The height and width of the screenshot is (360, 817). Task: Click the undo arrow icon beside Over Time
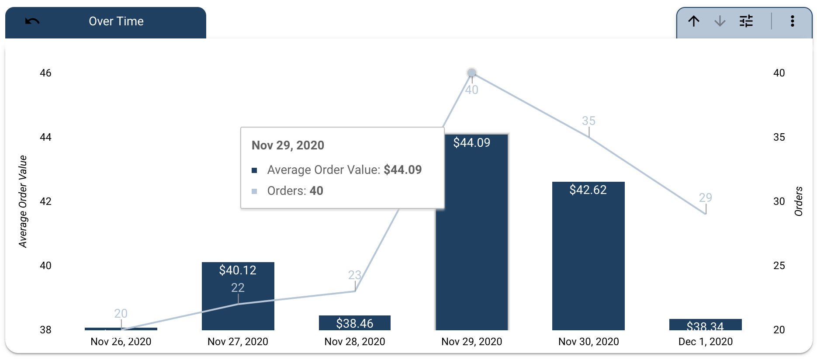tap(32, 21)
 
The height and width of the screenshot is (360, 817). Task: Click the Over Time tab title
tap(116, 21)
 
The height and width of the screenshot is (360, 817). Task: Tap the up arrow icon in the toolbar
tap(694, 21)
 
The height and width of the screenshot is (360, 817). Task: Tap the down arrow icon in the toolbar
tap(720, 21)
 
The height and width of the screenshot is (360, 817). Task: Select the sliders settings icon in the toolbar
tap(746, 21)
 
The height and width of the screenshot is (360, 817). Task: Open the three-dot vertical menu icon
tap(792, 21)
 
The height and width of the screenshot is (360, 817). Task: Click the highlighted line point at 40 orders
tap(471, 73)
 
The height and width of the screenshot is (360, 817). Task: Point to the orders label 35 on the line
tap(589, 121)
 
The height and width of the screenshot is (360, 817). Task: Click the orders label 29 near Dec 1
tap(705, 197)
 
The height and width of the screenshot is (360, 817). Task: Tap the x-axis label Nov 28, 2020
tap(354, 342)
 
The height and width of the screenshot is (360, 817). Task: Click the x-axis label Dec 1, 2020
tap(705, 342)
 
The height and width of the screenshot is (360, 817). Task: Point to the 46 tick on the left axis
tap(45, 73)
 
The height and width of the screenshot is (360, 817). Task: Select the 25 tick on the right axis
tap(779, 266)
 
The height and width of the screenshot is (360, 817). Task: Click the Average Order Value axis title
tap(23, 201)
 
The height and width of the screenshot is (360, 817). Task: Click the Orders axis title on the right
tap(799, 201)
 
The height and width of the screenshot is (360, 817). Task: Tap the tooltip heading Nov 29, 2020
tap(287, 145)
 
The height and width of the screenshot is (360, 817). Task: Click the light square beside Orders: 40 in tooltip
tap(254, 191)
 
